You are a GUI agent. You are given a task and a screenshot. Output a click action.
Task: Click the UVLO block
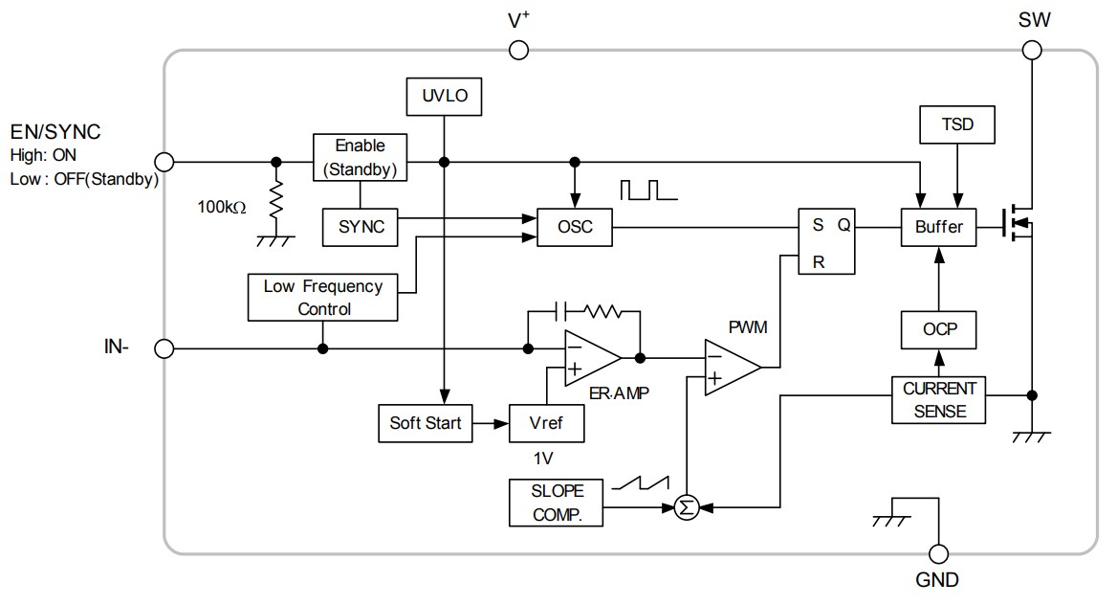pyautogui.click(x=444, y=97)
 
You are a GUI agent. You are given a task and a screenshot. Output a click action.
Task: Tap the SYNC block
pyautogui.click(x=361, y=227)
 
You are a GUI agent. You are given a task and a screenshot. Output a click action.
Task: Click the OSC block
pyautogui.click(x=575, y=228)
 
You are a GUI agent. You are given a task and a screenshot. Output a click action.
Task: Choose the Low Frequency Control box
pyautogui.click(x=323, y=298)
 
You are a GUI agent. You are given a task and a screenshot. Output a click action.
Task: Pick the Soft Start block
pyautogui.click(x=426, y=423)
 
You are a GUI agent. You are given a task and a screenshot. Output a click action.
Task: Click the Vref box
pyautogui.click(x=545, y=423)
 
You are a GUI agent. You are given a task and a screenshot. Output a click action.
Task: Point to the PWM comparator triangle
pyautogui.click(x=730, y=367)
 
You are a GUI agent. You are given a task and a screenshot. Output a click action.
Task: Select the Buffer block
pyautogui.click(x=939, y=228)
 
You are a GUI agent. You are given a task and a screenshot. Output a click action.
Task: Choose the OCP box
pyautogui.click(x=939, y=330)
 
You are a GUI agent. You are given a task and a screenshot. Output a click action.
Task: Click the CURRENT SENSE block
pyautogui.click(x=939, y=401)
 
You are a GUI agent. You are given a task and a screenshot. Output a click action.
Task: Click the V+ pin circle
pyautogui.click(x=518, y=50)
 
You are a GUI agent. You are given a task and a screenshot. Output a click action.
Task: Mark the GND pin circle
pyautogui.click(x=939, y=553)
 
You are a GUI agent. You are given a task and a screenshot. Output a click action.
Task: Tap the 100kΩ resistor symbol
pyautogui.click(x=277, y=201)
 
